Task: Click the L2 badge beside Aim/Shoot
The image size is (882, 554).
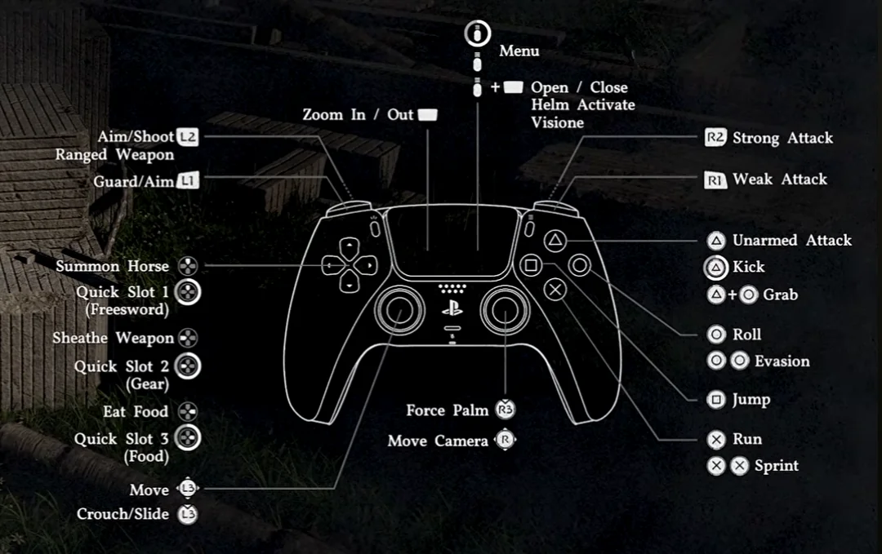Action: click(188, 137)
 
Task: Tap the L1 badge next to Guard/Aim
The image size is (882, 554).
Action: click(188, 181)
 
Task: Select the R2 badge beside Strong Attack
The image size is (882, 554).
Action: click(715, 138)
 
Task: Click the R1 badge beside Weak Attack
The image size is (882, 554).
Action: click(715, 179)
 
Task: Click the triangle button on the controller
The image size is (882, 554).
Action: click(555, 241)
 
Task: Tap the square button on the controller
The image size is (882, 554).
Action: click(531, 265)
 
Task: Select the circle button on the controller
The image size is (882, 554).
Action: click(580, 265)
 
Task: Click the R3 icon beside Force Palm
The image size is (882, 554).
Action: click(505, 410)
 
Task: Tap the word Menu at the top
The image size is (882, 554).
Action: click(519, 51)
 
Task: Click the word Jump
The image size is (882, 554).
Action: click(751, 400)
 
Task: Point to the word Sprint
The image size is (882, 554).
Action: click(776, 466)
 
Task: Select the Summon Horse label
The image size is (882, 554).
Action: click(113, 266)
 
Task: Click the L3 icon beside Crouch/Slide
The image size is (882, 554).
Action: click(188, 514)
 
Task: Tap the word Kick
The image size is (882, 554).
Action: click(748, 267)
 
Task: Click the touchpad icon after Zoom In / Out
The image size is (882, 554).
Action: click(428, 115)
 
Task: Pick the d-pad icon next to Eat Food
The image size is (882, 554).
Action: click(188, 412)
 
